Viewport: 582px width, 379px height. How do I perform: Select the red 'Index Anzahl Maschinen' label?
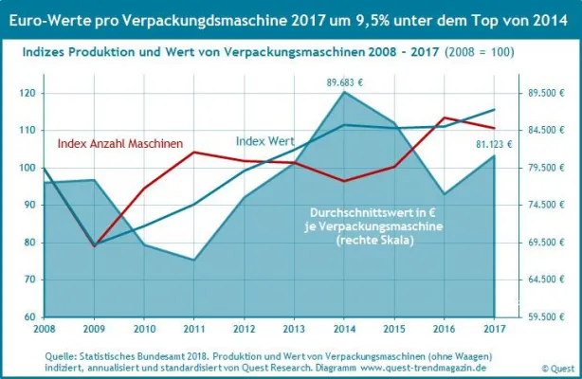pos(119,143)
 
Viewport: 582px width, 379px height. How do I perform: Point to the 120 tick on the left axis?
pos(29,94)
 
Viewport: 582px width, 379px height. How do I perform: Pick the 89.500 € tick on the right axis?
pos(546,94)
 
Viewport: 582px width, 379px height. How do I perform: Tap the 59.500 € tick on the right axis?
pos(546,316)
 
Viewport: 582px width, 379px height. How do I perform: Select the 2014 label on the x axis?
pos(344,328)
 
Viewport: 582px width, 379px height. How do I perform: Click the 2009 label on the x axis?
pos(94,328)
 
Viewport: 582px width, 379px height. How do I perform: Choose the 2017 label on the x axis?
pos(494,328)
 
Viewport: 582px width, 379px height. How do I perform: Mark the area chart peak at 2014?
pos(344,92)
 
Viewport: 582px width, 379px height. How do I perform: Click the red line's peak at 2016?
pos(444,117)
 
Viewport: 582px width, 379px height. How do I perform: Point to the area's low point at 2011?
pos(194,260)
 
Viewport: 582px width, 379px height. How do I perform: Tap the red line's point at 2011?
pos(194,152)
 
